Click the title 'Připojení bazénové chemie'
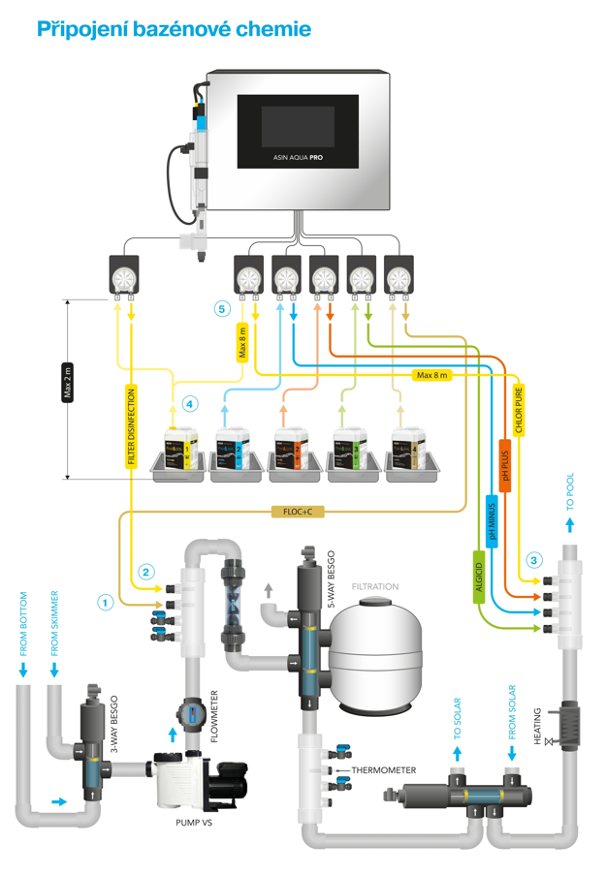click(x=174, y=29)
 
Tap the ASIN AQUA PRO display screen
click(x=297, y=130)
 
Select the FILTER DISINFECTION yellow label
click(x=131, y=427)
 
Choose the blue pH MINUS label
click(x=492, y=523)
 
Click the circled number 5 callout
click(x=222, y=309)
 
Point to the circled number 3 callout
click(x=534, y=560)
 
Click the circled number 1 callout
click(x=106, y=601)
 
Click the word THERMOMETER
click(x=384, y=770)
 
